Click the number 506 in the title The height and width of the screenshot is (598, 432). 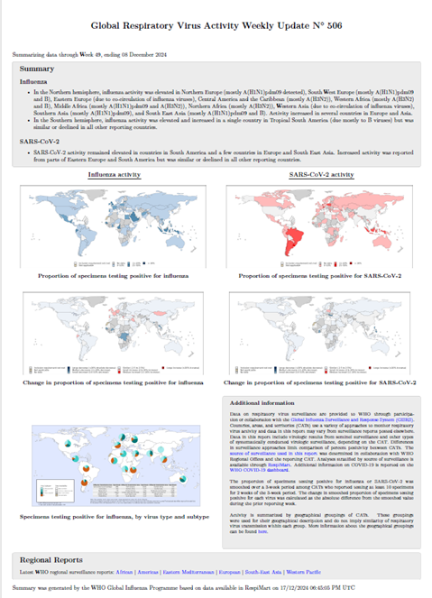(330, 29)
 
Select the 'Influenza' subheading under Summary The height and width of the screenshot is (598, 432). (36, 81)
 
